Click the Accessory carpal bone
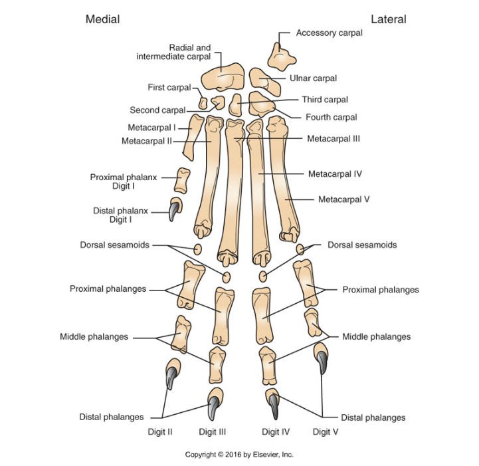(282, 57)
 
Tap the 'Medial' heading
(102, 19)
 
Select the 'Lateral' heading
(389, 19)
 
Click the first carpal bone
(203, 103)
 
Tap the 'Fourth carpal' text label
(331, 117)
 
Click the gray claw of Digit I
(173, 211)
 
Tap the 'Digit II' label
(160, 431)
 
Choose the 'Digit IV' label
(276, 431)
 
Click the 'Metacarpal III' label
(333, 140)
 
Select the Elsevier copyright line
(239, 455)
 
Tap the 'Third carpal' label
(325, 100)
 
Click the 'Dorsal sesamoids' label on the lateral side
(362, 245)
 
